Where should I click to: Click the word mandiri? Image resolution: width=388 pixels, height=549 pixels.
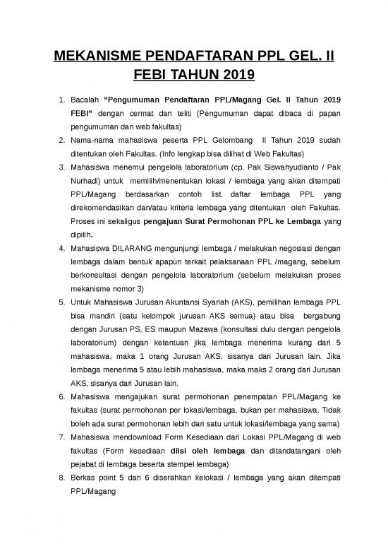104,330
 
